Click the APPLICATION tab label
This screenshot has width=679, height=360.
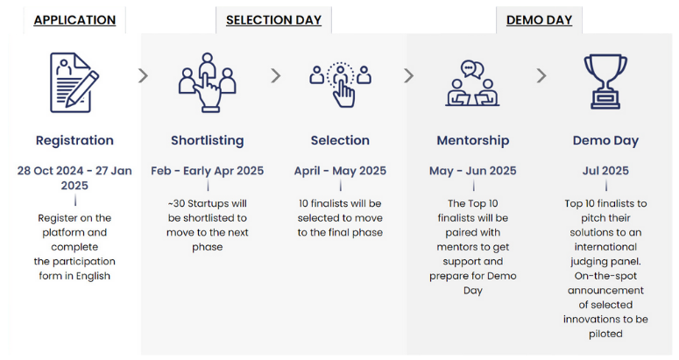74,19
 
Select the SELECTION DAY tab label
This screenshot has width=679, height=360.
273,19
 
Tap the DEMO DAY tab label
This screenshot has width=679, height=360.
539,19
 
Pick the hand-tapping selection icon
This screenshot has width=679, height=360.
340,81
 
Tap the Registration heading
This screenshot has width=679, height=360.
74,140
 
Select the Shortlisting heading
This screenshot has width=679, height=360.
207,140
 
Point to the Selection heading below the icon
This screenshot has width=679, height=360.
340,140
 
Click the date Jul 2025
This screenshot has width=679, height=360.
605,171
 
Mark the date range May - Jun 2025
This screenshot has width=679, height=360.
472,171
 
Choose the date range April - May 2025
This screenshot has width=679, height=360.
340,171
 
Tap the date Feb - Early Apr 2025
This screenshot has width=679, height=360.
207,171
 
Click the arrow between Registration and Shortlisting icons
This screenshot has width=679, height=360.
143,76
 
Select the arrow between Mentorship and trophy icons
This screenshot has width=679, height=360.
541,76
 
